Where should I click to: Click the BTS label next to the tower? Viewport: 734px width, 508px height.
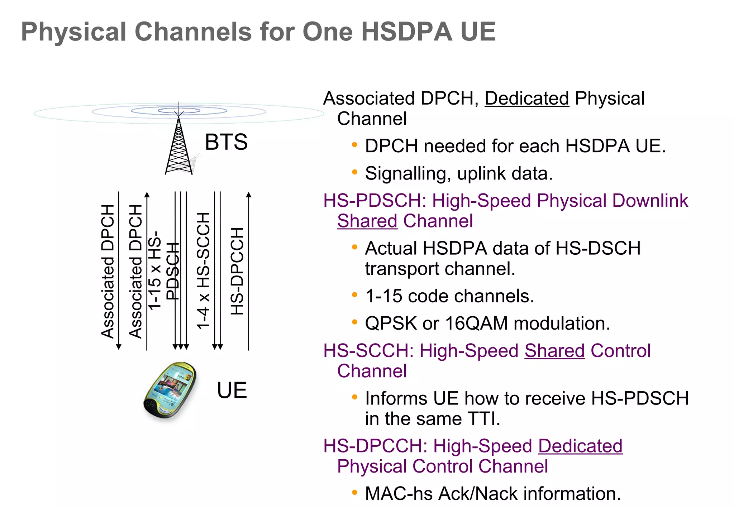[226, 142]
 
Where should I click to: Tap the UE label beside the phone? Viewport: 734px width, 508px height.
[232, 390]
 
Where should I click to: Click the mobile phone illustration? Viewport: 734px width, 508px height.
[170, 390]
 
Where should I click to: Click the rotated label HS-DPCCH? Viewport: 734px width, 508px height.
[237, 271]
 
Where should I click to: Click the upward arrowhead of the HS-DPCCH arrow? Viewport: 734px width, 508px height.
[249, 195]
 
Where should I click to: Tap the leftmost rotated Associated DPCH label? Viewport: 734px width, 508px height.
[108, 271]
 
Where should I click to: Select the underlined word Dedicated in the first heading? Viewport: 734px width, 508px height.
[527, 99]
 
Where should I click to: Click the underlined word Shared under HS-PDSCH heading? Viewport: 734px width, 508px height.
[367, 221]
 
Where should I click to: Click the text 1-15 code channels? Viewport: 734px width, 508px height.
[449, 296]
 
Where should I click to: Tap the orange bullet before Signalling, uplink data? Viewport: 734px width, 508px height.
[354, 172]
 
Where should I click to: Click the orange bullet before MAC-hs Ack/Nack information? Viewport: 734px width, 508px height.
[354, 493]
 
